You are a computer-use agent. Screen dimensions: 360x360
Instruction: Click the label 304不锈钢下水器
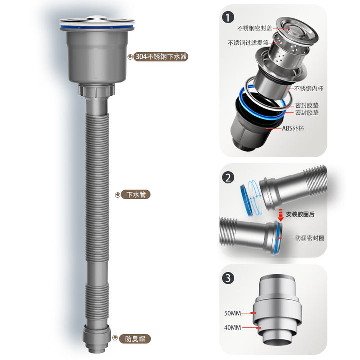161,56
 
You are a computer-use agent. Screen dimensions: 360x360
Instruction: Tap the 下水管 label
136,194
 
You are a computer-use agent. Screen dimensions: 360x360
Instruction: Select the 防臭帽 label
135,339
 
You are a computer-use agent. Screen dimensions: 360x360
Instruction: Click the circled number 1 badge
228,18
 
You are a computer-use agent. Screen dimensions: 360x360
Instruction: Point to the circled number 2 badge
228,177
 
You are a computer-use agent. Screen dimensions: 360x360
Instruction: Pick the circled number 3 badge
228,278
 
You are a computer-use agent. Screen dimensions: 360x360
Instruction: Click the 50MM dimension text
232,313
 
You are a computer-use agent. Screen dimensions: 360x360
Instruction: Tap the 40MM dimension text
232,327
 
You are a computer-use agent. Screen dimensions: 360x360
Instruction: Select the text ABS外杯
293,128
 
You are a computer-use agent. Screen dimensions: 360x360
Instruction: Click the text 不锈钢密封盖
255,28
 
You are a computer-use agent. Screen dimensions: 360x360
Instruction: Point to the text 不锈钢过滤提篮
248,43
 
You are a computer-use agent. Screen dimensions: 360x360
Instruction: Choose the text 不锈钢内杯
309,88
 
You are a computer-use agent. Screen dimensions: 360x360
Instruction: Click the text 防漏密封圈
310,238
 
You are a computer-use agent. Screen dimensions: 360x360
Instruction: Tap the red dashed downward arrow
281,215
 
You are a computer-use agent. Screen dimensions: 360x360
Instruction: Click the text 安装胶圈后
300,214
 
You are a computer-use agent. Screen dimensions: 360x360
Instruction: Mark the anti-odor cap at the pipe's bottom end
96,338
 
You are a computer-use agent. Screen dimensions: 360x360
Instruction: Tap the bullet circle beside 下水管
118,195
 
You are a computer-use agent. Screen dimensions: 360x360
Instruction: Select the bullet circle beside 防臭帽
115,337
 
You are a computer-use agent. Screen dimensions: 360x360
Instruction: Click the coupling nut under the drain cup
96,90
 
